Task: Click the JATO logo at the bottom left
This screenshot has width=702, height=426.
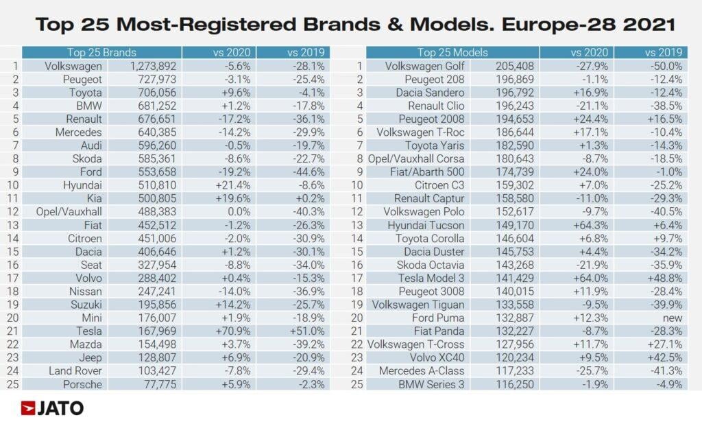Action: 52,408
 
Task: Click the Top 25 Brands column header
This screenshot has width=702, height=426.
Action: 101,52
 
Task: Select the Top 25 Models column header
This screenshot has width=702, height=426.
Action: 452,52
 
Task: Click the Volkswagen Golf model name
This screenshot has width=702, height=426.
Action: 425,67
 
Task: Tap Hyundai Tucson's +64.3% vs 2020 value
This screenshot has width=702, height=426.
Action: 592,225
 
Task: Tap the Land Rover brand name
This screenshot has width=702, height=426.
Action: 75,370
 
